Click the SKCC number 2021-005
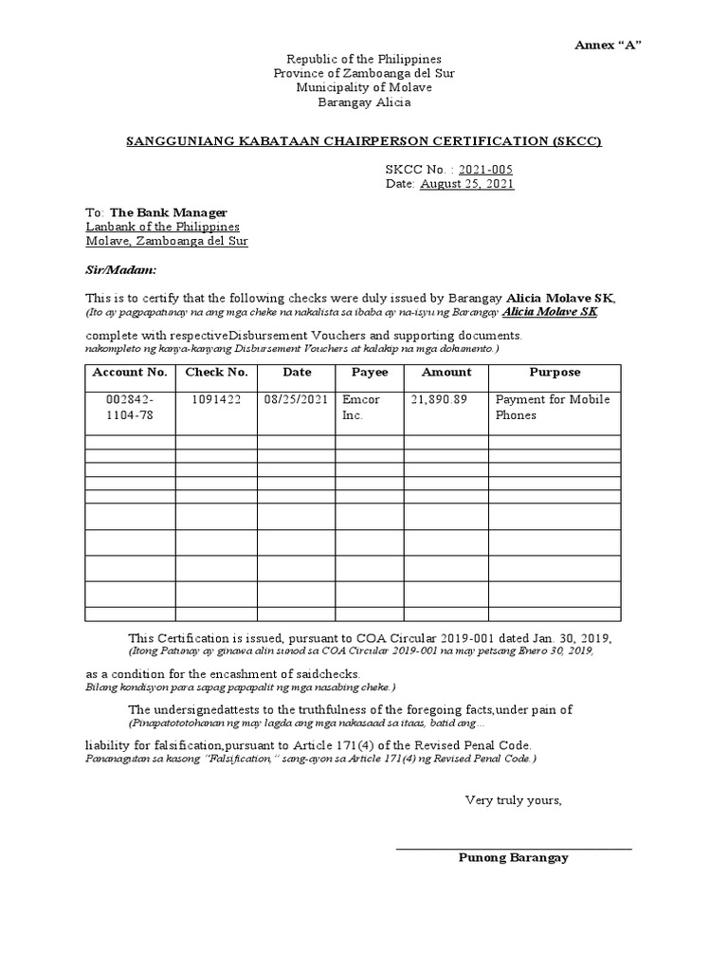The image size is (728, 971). tap(485, 169)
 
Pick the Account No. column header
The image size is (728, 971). tap(130, 373)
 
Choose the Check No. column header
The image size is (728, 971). tap(216, 373)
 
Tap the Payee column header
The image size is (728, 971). tap(370, 373)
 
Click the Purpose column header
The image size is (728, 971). tap(555, 373)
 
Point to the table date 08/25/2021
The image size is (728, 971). tap(296, 400)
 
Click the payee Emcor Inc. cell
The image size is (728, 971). tap(361, 408)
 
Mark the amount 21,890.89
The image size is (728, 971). tap(439, 400)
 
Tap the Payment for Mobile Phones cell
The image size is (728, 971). tap(553, 408)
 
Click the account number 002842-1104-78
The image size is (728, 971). tap(130, 408)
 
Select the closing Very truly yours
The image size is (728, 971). tap(513, 800)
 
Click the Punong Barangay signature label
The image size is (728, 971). tap(513, 857)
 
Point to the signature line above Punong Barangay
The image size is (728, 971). tap(513, 848)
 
